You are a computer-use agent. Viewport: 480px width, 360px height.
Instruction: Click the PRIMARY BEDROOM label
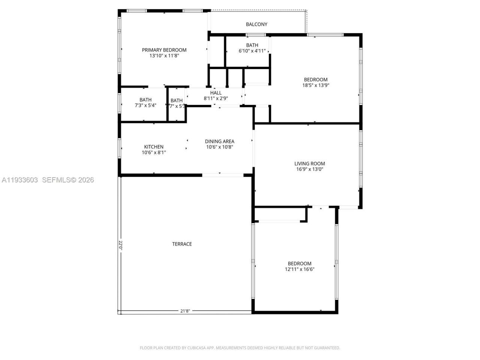point(164,50)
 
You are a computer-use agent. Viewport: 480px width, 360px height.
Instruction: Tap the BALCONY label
point(256,24)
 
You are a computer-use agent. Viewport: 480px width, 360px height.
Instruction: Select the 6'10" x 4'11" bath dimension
point(252,51)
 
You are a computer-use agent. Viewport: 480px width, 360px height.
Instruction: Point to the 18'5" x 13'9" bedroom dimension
point(316,85)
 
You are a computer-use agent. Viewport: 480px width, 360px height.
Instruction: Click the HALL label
point(216,93)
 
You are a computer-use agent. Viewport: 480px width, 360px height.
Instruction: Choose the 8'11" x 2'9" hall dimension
point(216,98)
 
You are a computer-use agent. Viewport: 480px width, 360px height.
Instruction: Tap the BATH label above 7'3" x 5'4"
point(145,100)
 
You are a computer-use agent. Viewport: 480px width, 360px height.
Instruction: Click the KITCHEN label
point(154,147)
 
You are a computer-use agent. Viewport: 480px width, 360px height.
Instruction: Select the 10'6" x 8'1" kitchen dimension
point(154,153)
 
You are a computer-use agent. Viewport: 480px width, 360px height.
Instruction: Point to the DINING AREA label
point(219,141)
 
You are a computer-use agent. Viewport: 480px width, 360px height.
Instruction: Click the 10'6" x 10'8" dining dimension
point(219,147)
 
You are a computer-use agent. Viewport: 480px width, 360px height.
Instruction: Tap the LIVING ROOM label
point(309,163)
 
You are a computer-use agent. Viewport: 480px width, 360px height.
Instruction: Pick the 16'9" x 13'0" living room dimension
point(309,169)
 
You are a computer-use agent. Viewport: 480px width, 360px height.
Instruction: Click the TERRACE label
point(182,244)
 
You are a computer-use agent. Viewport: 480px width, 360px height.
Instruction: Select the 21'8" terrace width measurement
point(185,311)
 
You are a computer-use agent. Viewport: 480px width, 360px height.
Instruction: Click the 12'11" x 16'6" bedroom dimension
point(299,269)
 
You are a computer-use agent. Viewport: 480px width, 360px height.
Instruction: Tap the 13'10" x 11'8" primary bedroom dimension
point(164,55)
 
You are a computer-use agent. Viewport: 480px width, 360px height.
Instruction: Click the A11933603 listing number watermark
point(19,180)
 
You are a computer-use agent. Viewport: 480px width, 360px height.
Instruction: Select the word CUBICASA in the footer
point(195,348)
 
